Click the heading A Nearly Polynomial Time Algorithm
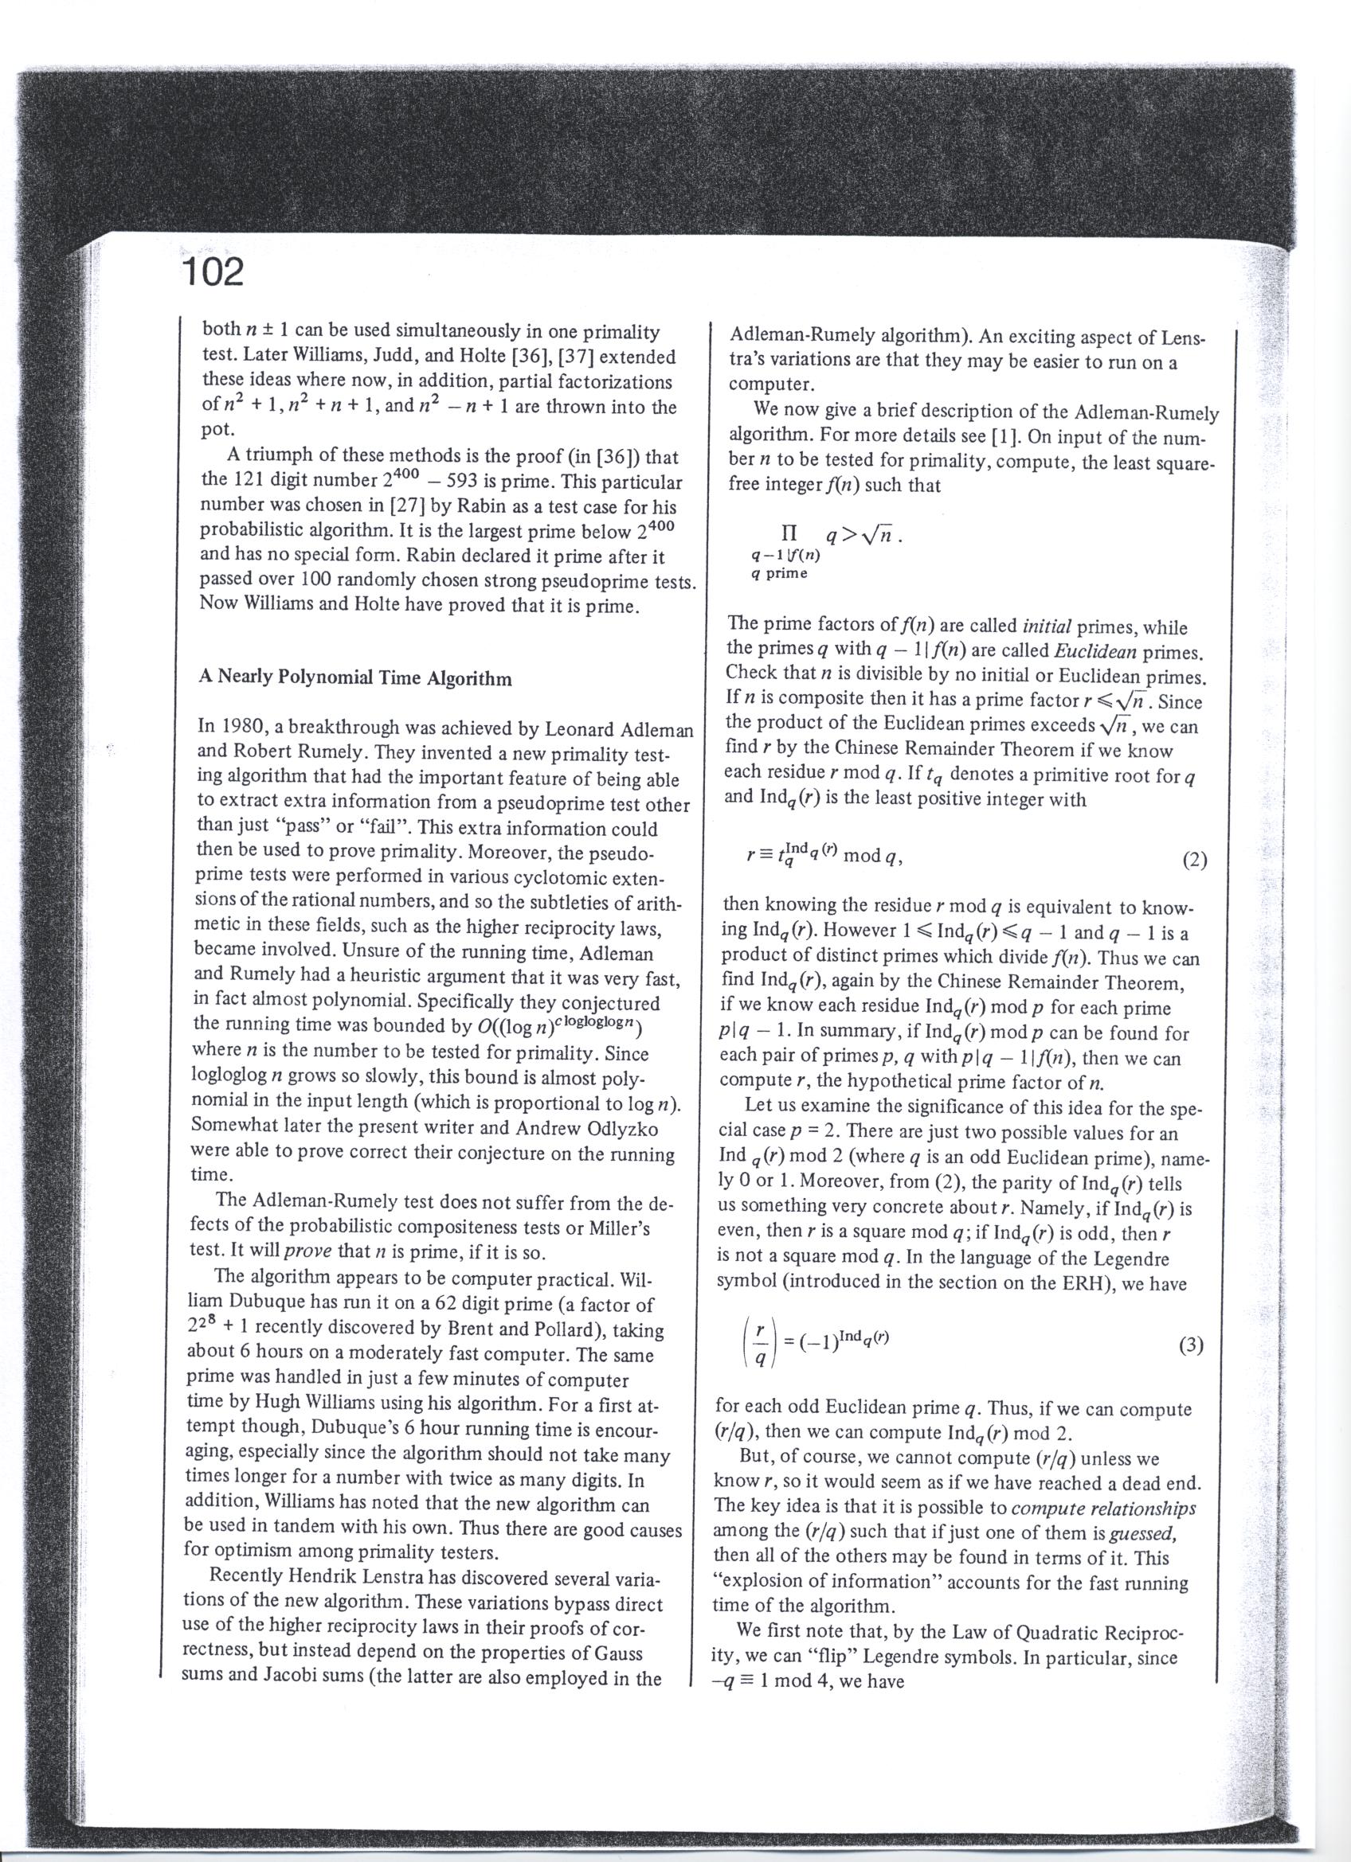click(355, 678)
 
